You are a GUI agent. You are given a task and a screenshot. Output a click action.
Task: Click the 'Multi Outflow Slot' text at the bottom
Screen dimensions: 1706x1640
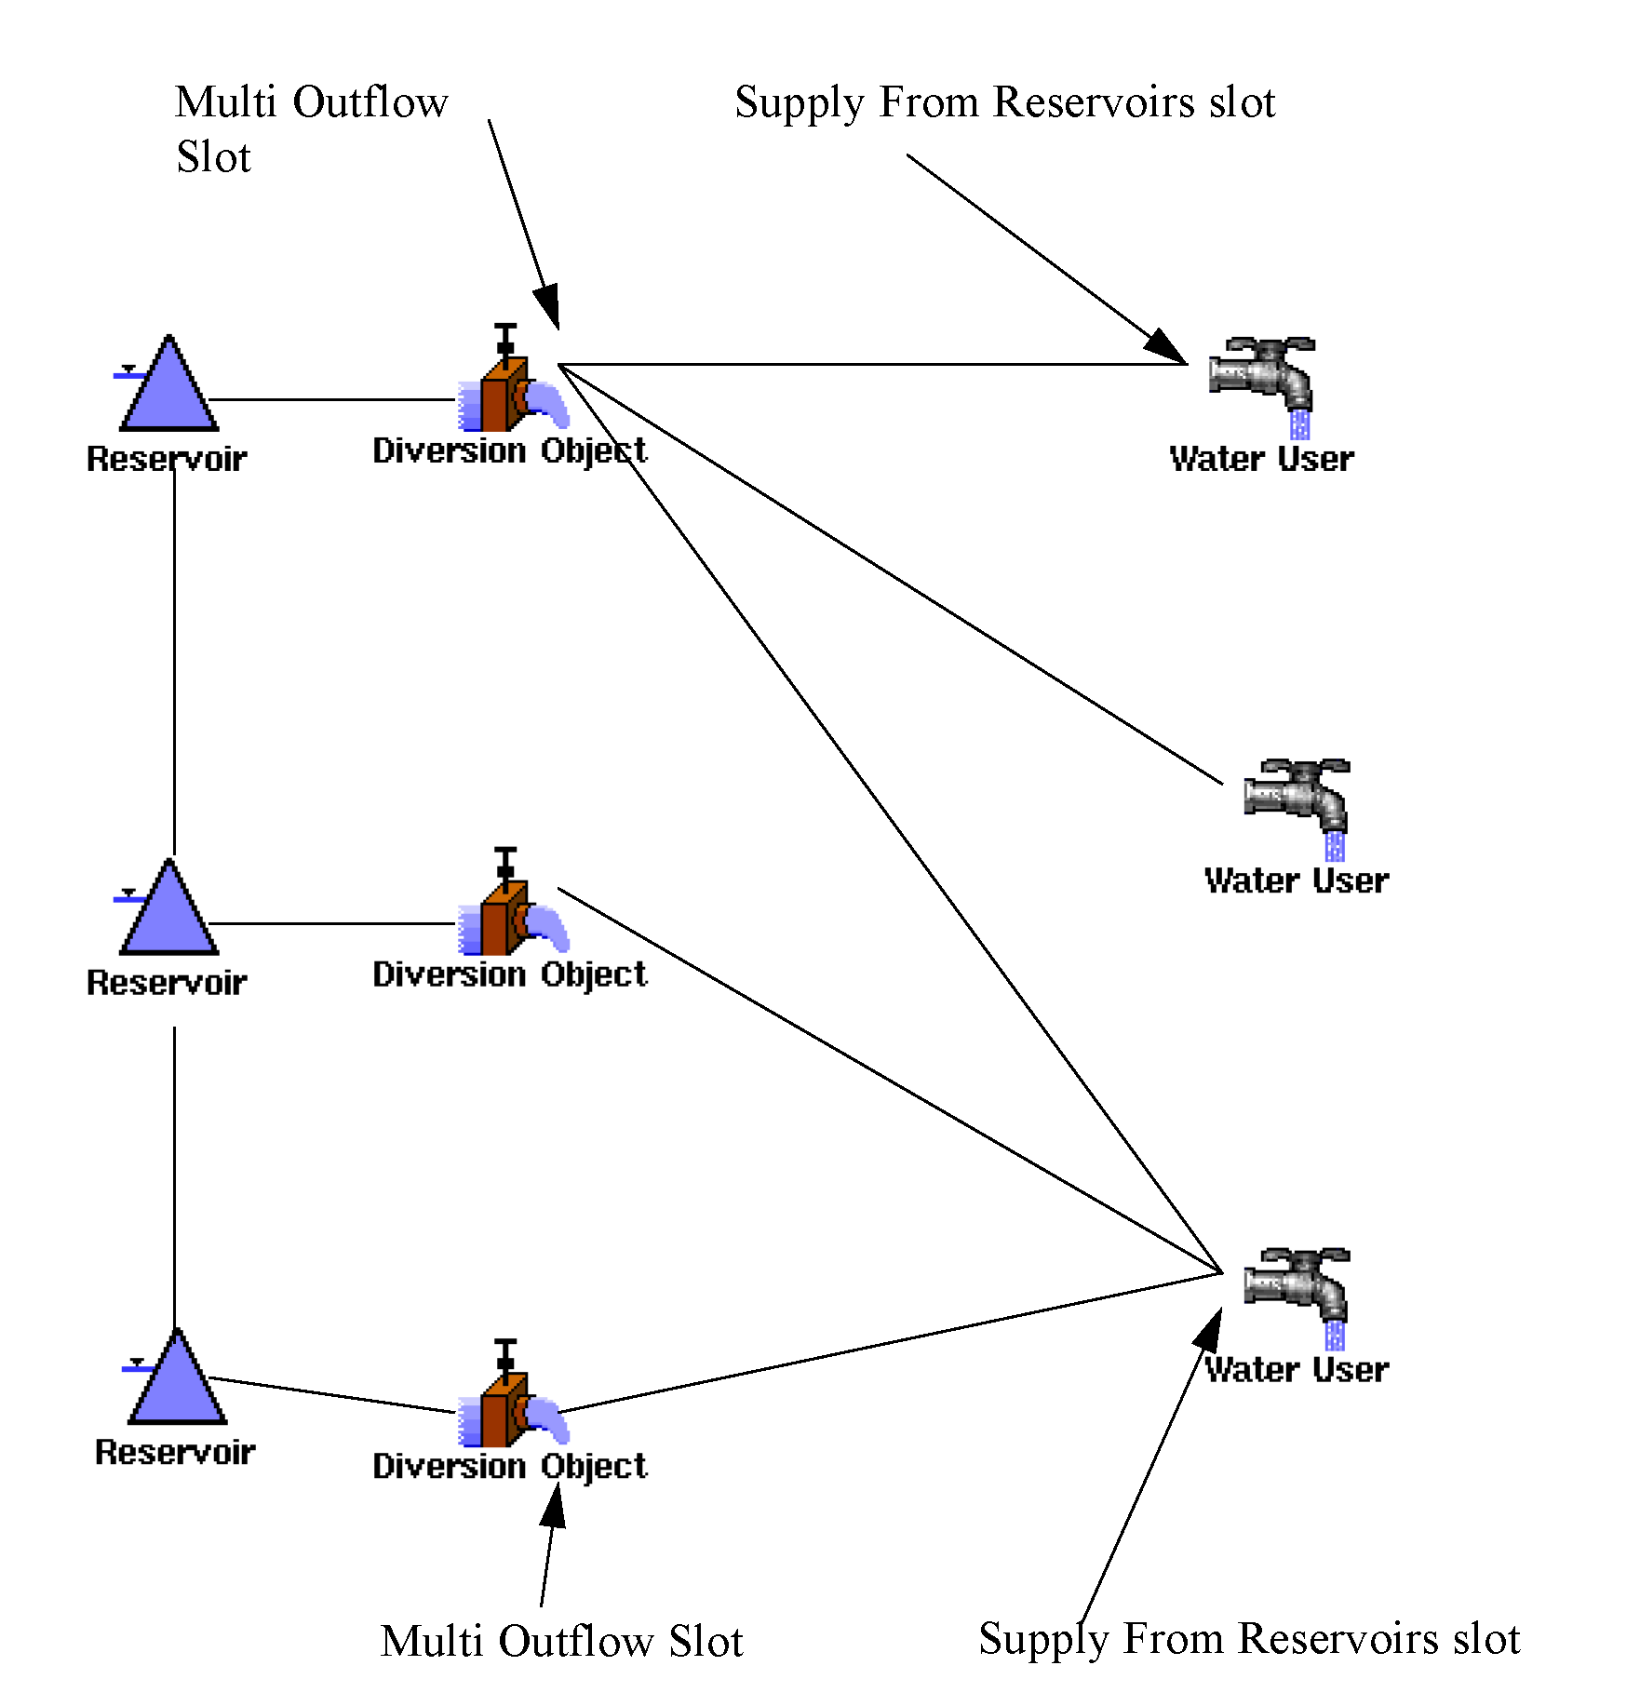tap(561, 1641)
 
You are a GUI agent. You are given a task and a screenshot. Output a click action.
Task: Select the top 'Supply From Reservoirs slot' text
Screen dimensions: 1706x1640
tap(1004, 102)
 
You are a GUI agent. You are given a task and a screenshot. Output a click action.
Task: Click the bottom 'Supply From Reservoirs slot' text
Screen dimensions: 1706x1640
tap(1249, 1639)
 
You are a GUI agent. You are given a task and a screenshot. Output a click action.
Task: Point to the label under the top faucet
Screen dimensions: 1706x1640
tap(1261, 459)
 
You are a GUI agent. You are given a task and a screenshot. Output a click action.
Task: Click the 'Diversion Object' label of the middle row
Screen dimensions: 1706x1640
tap(509, 974)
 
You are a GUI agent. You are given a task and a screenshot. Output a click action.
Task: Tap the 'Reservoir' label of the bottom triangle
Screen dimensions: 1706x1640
tap(175, 1452)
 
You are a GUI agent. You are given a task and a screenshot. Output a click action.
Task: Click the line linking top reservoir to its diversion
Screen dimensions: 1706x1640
tap(331, 399)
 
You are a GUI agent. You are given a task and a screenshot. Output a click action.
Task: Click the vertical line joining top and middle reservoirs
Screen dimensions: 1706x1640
tap(174, 661)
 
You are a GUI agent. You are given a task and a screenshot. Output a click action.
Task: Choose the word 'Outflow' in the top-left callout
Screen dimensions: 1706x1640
tap(370, 102)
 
